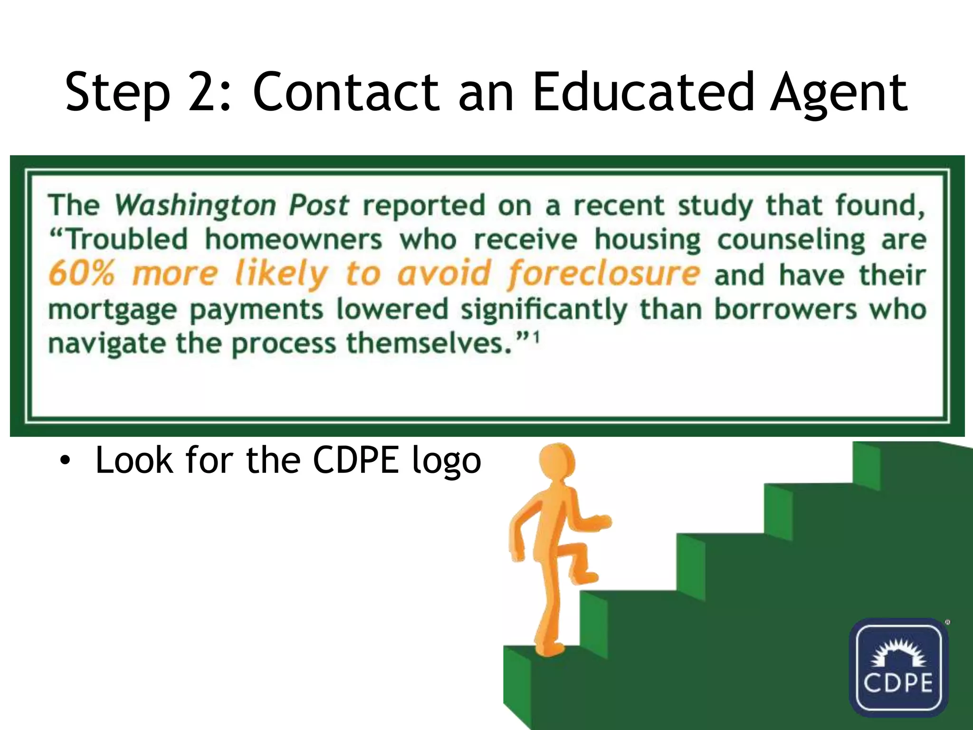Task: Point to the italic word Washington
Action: pos(195,206)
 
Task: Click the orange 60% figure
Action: pos(82,274)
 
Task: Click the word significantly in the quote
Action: pos(544,310)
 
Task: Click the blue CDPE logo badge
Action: pos(898,667)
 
